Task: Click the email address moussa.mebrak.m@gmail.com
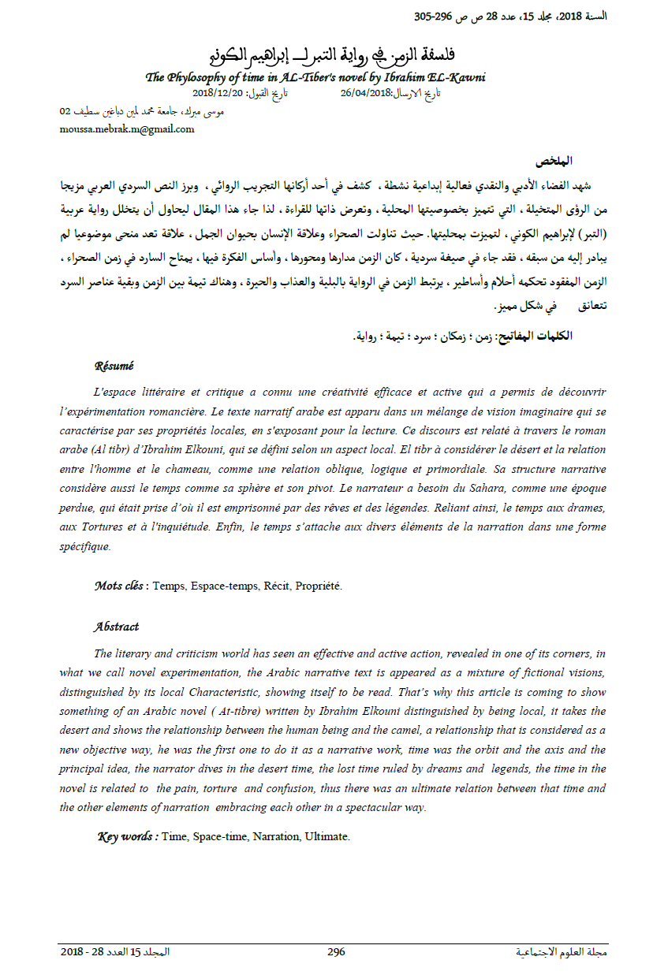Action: click(x=126, y=129)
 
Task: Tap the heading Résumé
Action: click(x=114, y=366)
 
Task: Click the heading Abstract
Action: click(x=116, y=627)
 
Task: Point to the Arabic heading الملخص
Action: click(x=553, y=162)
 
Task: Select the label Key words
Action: click(x=127, y=836)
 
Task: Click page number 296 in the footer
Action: click(x=336, y=951)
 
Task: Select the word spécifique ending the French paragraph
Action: click(x=84, y=545)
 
